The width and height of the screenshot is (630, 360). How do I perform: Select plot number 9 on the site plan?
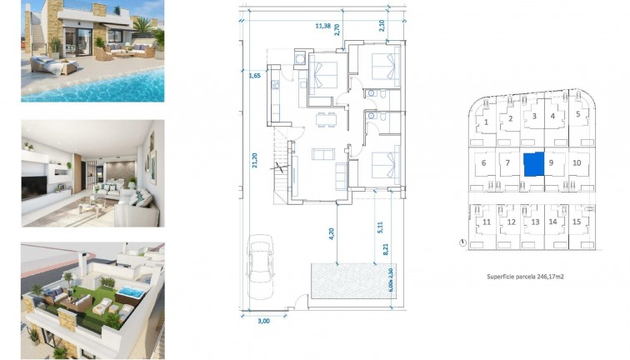pyautogui.click(x=552, y=164)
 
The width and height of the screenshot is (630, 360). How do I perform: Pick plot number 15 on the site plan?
pyautogui.click(x=576, y=222)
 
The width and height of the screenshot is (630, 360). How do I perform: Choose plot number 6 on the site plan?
pyautogui.click(x=483, y=163)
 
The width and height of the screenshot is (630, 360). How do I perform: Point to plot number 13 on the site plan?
pyautogui.click(x=534, y=222)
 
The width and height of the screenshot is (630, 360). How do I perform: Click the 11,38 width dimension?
pyautogui.click(x=322, y=27)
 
